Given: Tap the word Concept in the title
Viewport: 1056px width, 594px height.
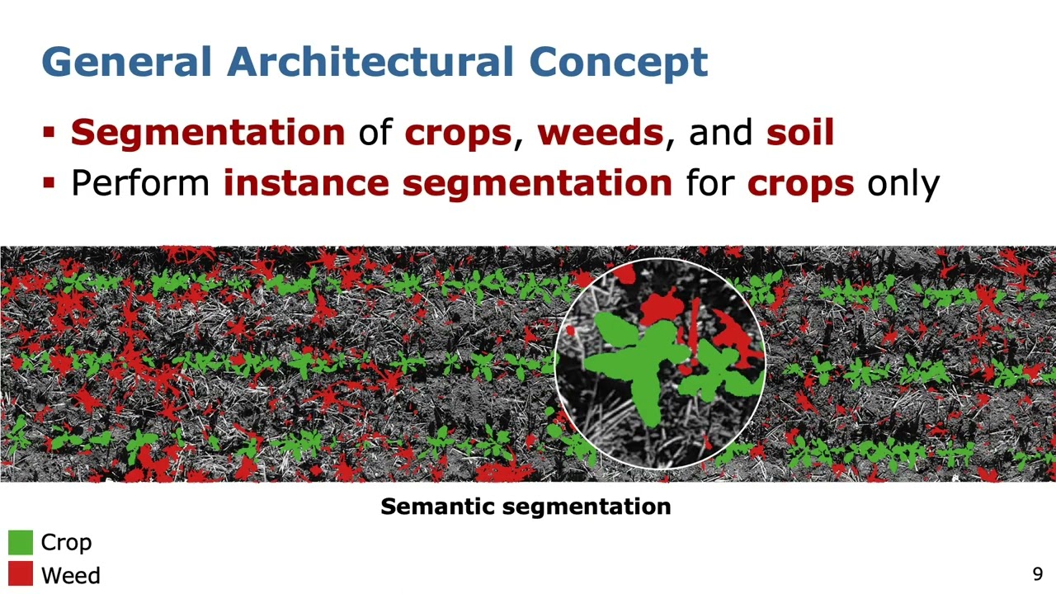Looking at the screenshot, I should coord(618,63).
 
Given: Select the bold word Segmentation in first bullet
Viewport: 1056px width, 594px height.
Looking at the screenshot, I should coord(207,133).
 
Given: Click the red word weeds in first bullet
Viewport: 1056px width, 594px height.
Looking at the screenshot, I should coord(600,133).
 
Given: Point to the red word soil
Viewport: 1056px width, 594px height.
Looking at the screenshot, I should coord(799,133).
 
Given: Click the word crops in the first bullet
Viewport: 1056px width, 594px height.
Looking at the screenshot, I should coord(457,133).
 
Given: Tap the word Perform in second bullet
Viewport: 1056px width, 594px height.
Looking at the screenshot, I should coord(140,182).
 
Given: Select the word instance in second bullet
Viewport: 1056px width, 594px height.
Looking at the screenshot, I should coord(304,182).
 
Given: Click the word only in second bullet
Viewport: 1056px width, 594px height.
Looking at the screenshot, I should coord(903,182).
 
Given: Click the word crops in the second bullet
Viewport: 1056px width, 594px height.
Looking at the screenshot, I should coord(799,182).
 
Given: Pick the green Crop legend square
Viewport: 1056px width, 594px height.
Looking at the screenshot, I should coord(21,542).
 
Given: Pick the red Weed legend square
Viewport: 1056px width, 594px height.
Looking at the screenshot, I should coord(21,574).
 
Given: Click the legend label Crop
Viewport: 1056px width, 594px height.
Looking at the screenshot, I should coord(66,542).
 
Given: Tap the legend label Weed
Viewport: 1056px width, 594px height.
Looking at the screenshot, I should coord(70,575).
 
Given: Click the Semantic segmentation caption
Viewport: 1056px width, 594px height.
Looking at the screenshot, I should coord(526,507).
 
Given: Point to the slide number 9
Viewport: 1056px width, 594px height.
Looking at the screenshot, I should coord(1037,574).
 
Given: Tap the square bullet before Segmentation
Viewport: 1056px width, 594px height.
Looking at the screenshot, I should coord(49,133).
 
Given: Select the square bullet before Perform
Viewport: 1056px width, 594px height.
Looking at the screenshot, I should coord(49,182).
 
